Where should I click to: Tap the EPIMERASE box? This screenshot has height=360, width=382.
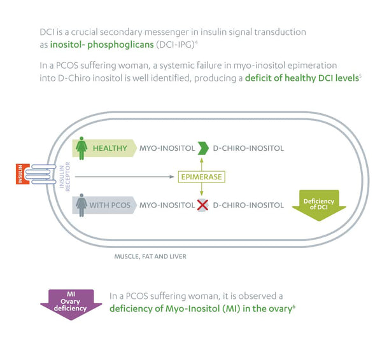(202, 177)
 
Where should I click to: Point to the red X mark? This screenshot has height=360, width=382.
(202, 205)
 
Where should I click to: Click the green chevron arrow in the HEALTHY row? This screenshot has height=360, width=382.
(202, 148)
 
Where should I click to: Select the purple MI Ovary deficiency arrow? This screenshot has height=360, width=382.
(71, 300)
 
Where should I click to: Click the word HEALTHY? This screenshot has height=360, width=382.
(110, 148)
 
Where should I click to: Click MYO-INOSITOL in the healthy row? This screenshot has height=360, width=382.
(167, 148)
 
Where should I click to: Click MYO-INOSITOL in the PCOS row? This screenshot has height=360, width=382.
(167, 205)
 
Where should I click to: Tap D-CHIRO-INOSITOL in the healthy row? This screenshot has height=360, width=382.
(248, 148)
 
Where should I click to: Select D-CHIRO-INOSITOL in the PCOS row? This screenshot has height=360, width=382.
(248, 205)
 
